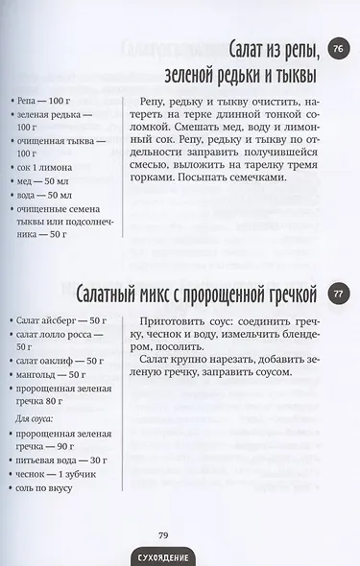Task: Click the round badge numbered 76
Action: [x=337, y=50]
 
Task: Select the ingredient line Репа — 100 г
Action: [x=44, y=99]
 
